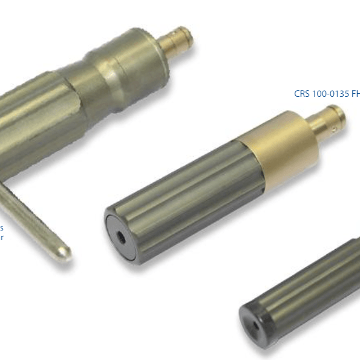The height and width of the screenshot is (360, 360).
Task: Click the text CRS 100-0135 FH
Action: pos(327,94)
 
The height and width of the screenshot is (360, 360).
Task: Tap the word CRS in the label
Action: pos(301,94)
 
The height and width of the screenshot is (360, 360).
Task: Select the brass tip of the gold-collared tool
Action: pos(330,119)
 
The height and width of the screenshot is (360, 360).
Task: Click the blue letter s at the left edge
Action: pos(2,228)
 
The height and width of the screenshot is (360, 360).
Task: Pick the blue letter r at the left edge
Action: pos(2,238)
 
